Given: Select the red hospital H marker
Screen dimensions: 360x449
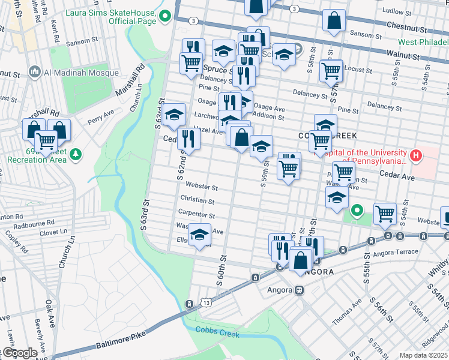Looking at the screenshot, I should coord(416,157).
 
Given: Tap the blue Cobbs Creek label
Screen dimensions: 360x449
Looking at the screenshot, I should coord(217,334).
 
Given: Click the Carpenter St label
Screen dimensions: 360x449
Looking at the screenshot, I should coord(196,215).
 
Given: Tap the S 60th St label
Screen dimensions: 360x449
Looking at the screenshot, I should coord(220,270).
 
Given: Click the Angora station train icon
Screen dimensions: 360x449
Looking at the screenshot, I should coord(298,290).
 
